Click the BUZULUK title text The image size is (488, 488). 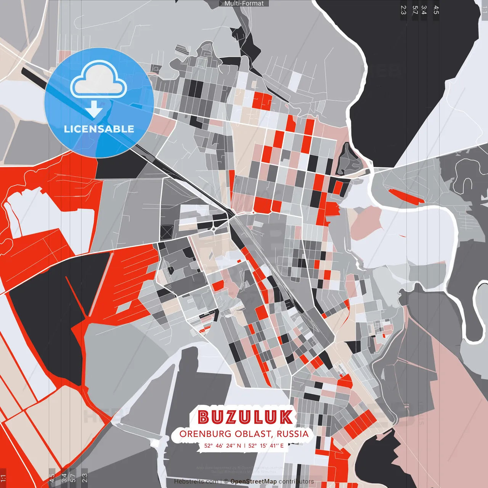246,417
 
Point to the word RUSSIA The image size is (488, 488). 293,434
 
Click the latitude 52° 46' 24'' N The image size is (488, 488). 223,445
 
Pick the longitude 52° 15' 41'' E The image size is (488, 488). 266,445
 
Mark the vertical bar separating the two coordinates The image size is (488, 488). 244,445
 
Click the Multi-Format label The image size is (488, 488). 244,3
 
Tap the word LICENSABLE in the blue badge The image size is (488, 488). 99,129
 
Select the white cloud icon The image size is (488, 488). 99,81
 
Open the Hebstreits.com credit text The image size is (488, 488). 196,482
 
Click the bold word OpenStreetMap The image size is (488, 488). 254,482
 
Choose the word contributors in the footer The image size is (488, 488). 296,482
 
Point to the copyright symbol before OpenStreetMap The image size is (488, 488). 226,482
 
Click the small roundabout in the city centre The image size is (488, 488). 214,229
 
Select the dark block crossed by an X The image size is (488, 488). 167,231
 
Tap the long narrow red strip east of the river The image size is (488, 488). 406,196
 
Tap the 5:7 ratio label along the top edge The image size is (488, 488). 415,10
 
